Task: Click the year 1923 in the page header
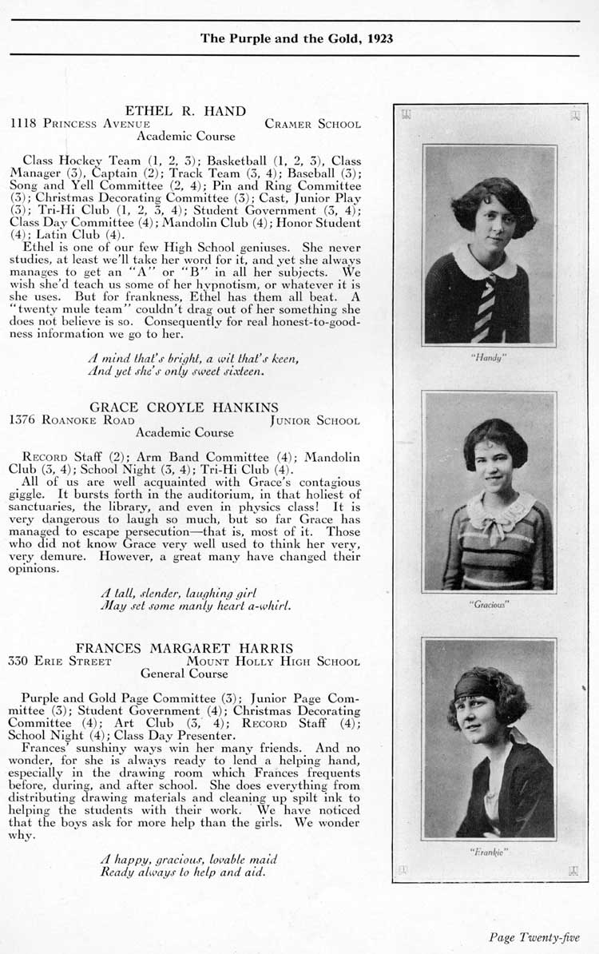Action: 379,38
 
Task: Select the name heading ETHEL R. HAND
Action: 184,110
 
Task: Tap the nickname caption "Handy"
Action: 490,358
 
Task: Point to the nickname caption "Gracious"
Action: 489,605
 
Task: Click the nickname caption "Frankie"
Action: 489,852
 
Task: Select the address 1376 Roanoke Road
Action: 71,420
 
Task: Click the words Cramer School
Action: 312,124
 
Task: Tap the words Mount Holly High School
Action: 273,662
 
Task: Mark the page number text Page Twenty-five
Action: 534,937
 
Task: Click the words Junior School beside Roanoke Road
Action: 315,420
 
